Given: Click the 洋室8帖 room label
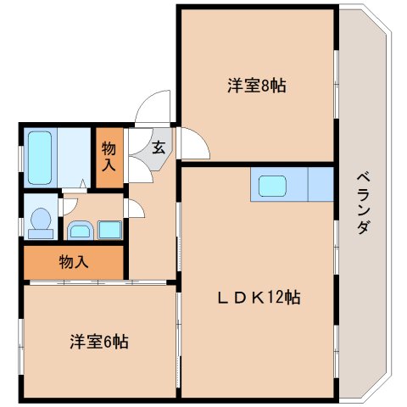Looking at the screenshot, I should pos(255,86).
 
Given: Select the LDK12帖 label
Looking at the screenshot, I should pos(256,298).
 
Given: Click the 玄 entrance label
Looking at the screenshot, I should pos(159,146).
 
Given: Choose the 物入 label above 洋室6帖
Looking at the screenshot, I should pos(73,262).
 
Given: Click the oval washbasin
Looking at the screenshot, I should pos(80,229).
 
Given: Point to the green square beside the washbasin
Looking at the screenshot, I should pos(109,229).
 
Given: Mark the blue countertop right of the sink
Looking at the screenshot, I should pos(321,185).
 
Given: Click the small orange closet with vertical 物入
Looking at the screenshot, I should pos(109,156).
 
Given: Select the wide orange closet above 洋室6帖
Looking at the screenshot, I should pos(73,262).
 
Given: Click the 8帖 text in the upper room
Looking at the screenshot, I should pos(272,86).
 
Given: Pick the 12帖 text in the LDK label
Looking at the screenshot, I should pos(286,298).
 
